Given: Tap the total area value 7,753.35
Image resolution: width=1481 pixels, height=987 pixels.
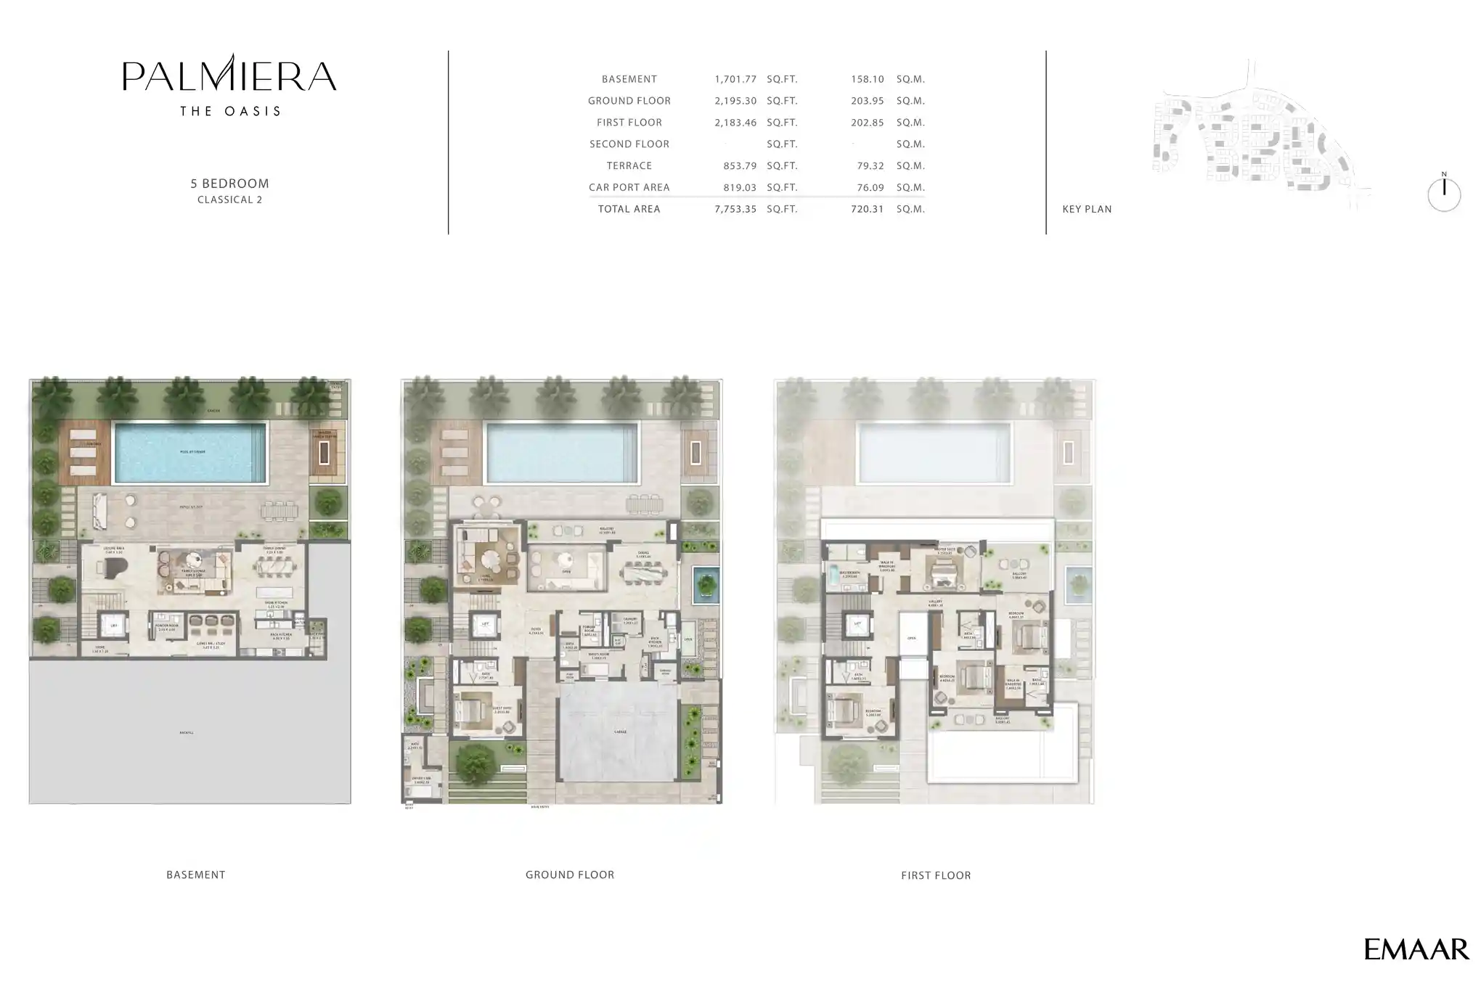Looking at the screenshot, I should point(735,209).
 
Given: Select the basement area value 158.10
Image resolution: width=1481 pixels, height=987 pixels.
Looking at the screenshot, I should point(867,79).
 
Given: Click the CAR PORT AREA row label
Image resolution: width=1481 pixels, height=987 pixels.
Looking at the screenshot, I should point(629,187).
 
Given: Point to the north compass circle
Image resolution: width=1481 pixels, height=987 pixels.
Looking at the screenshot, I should point(1443,194).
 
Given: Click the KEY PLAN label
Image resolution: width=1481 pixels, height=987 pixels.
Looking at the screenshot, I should point(1087,209).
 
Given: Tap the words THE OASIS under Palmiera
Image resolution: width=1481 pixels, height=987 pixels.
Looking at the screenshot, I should point(229,111).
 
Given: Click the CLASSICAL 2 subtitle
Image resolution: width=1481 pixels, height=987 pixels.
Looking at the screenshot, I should point(229,200).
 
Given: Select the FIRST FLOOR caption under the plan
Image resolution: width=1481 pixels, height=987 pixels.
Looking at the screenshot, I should point(936,875).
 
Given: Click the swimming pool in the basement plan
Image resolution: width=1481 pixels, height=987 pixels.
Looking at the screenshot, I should point(190,452).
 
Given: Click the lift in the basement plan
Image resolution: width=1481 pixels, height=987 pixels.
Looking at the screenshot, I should point(113,625).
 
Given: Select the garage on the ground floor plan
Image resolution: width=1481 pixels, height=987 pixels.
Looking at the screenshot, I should point(619,733).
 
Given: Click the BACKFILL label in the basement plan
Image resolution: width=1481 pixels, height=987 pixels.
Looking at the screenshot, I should point(187,733).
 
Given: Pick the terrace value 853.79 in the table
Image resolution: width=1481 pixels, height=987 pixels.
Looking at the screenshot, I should point(739,165).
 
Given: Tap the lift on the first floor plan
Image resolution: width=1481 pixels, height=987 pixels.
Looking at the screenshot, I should point(857,624).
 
